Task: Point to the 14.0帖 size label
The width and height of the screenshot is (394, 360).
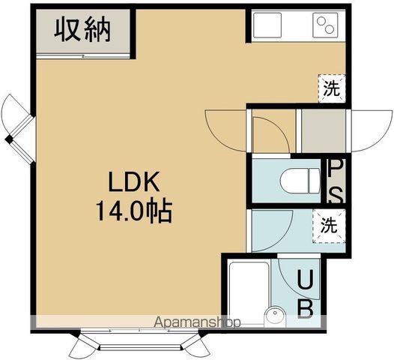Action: point(133,211)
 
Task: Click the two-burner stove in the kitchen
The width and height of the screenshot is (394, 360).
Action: point(326,27)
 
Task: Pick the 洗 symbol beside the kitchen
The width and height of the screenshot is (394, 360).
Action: point(330,88)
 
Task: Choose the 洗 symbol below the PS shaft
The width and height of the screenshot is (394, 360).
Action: point(330,223)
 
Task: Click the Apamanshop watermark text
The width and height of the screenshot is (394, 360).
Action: point(197,323)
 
